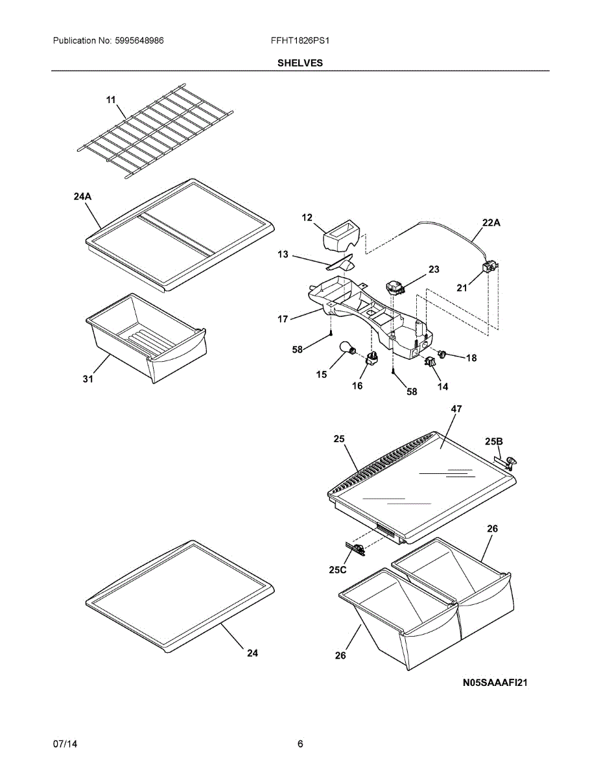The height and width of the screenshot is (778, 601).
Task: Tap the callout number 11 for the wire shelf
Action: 111,100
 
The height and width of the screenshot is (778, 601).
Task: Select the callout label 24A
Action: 83,196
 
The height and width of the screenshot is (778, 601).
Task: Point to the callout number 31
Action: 88,379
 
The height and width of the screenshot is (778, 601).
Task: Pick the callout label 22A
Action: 491,222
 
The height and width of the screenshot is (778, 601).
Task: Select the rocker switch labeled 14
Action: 430,362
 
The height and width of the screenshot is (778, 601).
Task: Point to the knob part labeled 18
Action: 443,354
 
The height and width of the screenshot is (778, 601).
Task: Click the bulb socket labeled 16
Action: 371,358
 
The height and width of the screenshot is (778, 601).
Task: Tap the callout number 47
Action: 456,408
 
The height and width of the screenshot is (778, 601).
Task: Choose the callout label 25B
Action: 494,442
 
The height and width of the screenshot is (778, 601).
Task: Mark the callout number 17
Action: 283,318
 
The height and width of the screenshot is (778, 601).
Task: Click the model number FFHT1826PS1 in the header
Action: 300,40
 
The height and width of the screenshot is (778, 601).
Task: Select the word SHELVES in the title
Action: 300,63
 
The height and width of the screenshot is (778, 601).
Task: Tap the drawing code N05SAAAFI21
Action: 495,683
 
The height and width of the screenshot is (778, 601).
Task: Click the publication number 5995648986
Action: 139,40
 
